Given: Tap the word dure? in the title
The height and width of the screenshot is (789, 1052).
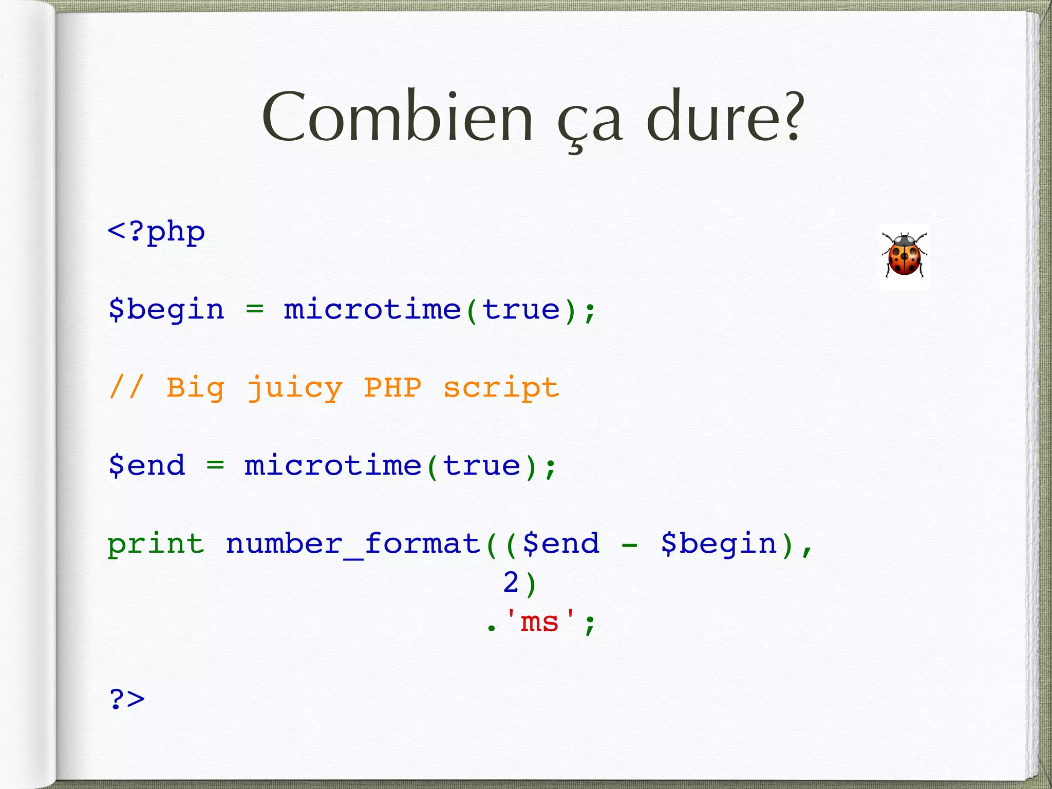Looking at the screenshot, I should point(723,118).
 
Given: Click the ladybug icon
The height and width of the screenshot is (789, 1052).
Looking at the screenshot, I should point(904,255).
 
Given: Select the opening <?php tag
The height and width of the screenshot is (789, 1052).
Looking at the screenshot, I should point(156,232).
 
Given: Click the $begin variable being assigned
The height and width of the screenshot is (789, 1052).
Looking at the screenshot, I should point(166,310).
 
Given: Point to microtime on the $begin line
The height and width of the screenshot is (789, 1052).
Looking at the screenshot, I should point(372,310).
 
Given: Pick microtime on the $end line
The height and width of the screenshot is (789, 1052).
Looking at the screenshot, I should point(333,466).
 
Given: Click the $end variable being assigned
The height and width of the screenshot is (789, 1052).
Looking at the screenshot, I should point(146,466).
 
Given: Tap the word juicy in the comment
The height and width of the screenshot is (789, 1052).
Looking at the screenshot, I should point(294,389).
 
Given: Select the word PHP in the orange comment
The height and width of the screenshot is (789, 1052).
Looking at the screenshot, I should point(392,388).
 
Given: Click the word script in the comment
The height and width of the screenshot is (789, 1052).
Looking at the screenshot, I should point(501,389).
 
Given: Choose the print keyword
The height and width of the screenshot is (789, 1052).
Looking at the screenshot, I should point(156,544).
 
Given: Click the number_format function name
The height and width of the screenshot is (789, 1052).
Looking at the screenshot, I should point(353,544).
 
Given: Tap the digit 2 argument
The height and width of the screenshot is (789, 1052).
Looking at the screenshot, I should point(511,583).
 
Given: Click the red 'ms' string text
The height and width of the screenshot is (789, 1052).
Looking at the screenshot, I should point(539,622).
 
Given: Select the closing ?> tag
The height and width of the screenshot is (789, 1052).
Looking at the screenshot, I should point(127,699).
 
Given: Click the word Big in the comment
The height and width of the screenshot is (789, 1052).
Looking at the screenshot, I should point(195,389).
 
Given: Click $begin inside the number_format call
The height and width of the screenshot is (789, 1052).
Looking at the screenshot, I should point(719,544).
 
